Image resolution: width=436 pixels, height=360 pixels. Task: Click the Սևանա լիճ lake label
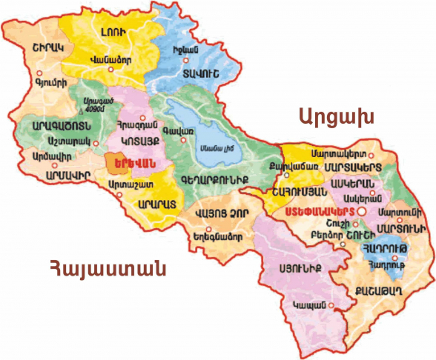point(211,145)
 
